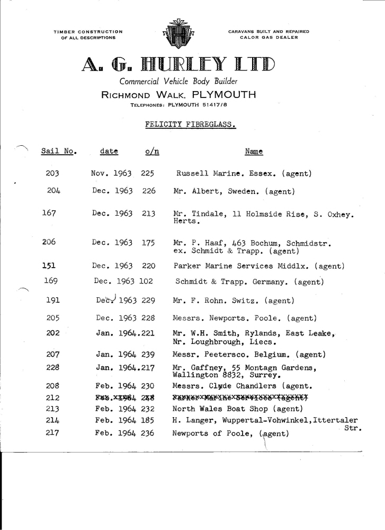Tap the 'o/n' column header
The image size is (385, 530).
151,152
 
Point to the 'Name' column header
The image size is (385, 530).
254,152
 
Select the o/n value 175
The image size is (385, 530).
148,243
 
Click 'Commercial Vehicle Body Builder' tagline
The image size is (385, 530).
178,82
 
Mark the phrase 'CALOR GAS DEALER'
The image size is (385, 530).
268,37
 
